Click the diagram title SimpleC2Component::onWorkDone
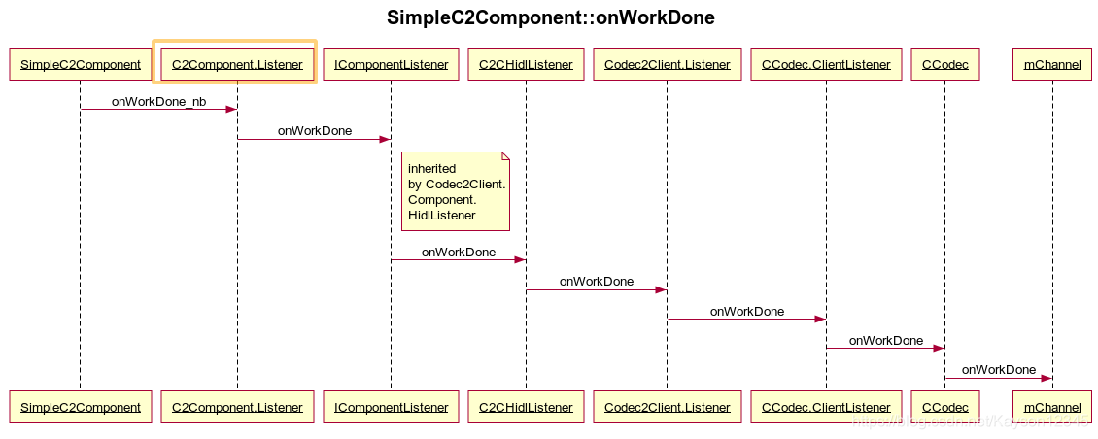tap(550, 17)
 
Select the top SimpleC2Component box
tap(81, 65)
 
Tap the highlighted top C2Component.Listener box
tap(237, 65)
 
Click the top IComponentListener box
tap(391, 65)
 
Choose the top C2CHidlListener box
tap(526, 65)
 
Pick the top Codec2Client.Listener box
tap(667, 65)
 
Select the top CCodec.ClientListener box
tap(826, 65)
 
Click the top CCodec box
tap(944, 65)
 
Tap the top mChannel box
tap(1052, 65)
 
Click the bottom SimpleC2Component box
tap(81, 407)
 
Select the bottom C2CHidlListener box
tap(526, 407)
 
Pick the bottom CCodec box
tap(944, 407)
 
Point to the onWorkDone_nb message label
tap(158, 101)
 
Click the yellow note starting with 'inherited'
tap(456, 191)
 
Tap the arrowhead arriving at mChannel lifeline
tap(1047, 378)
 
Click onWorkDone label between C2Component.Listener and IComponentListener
tap(315, 131)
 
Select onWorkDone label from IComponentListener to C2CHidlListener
tap(458, 253)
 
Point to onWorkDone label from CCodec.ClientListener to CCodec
tap(885, 341)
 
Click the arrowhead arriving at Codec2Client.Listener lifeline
tap(661, 289)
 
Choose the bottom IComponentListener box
tap(391, 407)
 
